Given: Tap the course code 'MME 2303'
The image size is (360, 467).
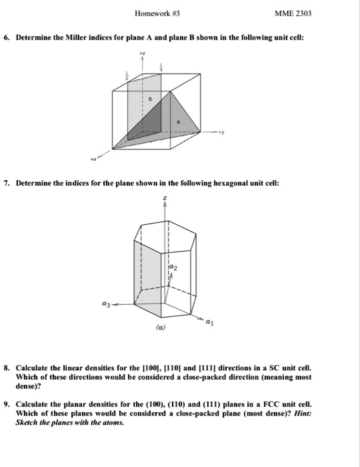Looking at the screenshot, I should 293,13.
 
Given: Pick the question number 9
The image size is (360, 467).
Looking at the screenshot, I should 6,404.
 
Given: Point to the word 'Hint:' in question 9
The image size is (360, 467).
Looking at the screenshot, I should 300,414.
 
